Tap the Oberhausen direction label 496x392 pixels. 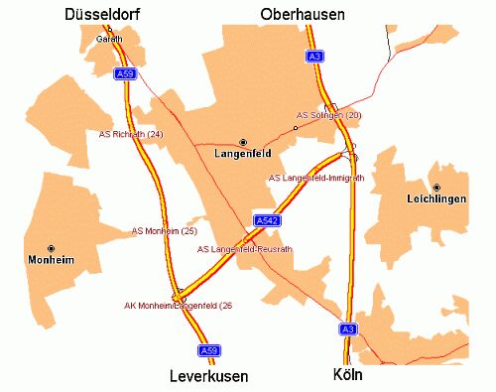tap(303, 14)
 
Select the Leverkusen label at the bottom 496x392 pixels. tap(209, 377)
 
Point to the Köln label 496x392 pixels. tap(349, 376)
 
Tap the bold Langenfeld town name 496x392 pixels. tap(243, 155)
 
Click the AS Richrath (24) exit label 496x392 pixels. tap(131, 133)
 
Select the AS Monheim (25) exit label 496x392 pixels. tap(164, 230)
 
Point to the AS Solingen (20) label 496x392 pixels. tap(328, 115)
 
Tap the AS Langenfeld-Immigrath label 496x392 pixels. tap(316, 178)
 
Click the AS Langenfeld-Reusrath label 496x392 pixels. tap(243, 249)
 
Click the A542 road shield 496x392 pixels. tap(265, 219)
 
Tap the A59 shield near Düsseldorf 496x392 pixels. tap(124, 74)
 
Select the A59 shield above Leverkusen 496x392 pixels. tap(208, 350)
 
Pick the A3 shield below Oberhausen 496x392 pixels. tap(315, 57)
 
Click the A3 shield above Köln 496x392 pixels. tap(347, 328)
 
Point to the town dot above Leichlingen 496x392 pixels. tap(435, 187)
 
